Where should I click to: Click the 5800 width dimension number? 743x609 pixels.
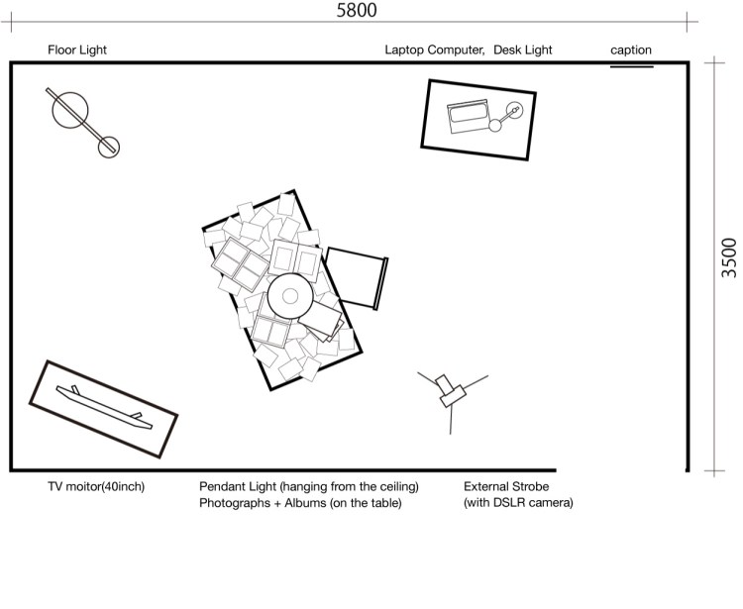click(357, 11)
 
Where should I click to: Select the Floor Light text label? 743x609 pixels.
click(76, 50)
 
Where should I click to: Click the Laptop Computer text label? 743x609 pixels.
click(434, 50)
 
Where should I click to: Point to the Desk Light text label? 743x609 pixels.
click(523, 50)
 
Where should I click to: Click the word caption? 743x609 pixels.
click(631, 51)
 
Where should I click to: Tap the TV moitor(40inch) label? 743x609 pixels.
click(96, 487)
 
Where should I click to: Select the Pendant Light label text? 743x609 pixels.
click(309, 487)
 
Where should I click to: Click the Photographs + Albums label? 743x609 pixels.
click(300, 503)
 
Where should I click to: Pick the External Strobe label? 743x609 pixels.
click(506, 487)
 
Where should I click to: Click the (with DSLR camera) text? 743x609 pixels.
click(518, 503)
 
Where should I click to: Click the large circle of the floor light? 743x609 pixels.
click(68, 108)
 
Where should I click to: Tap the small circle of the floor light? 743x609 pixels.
click(108, 146)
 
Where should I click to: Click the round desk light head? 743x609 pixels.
click(514, 110)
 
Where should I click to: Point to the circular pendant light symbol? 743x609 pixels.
click(290, 295)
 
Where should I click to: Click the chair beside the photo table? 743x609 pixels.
click(357, 276)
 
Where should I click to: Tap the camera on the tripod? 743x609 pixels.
click(452, 390)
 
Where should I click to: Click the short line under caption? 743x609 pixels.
click(631, 66)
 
